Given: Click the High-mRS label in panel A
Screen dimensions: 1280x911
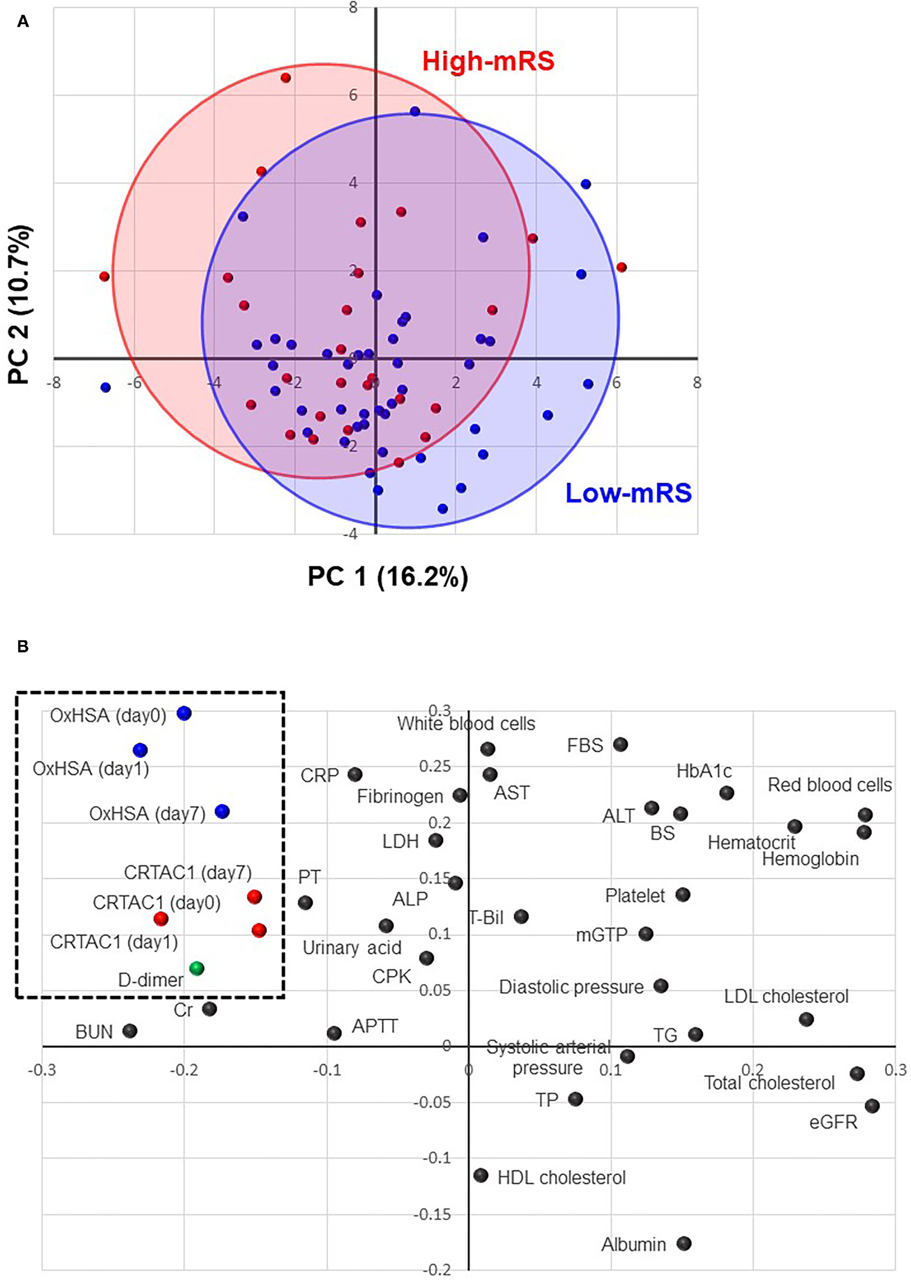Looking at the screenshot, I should coord(488,60).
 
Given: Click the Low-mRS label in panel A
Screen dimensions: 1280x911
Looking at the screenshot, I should coord(628,493).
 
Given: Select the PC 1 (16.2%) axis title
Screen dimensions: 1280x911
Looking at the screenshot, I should coord(387,577).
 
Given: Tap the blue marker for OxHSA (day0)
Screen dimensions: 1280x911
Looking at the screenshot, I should coord(184,713).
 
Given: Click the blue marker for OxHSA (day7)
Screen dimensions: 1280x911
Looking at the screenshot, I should coord(222,811).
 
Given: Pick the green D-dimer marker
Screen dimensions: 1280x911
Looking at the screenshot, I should coord(197,968).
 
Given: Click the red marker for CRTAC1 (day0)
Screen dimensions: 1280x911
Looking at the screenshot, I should coord(161,919).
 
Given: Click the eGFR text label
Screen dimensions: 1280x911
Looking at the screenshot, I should coord(833,1122).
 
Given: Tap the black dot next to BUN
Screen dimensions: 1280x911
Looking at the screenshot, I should coord(129,1030).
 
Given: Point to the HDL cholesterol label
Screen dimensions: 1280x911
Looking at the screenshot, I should coord(562,1177).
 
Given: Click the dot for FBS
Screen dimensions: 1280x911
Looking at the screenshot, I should coord(620,745).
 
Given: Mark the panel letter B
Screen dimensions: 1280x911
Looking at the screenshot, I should coord(23,647).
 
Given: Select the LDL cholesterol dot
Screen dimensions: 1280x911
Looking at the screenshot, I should coord(806,1019).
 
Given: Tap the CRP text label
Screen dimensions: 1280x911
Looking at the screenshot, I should coord(320,776).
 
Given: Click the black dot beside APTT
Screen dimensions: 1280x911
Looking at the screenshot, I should coord(334,1033).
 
